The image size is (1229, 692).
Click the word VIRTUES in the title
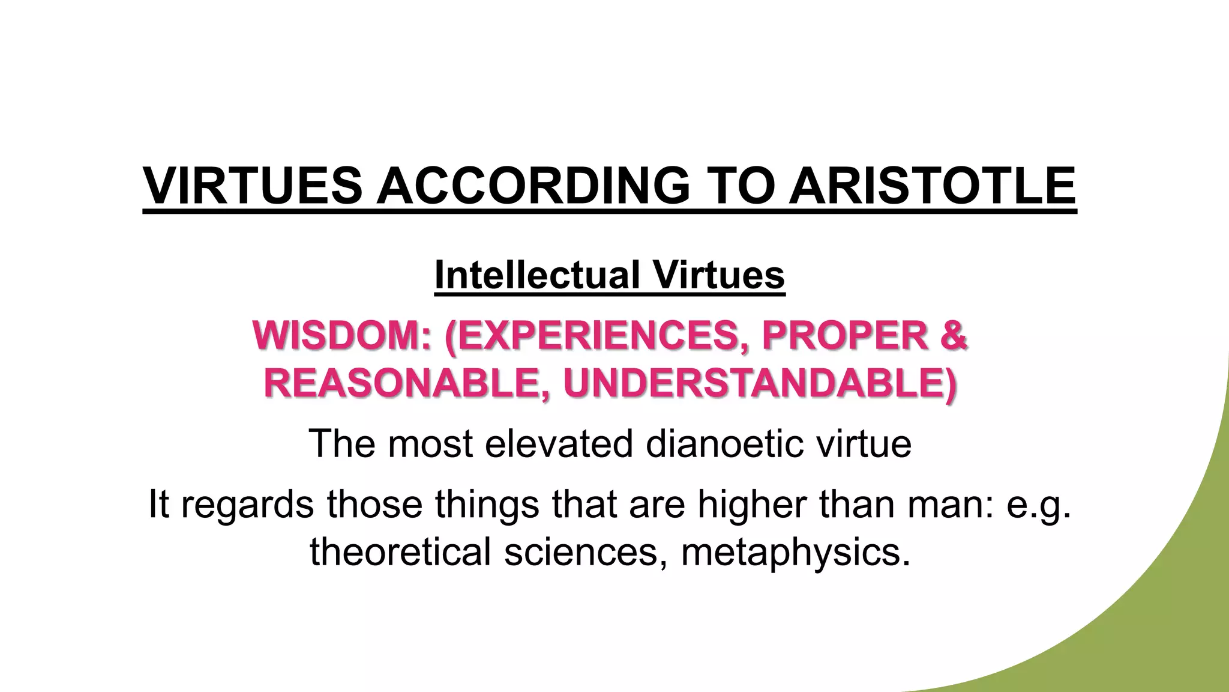[x=253, y=186]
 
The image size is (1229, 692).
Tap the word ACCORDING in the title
[x=533, y=186]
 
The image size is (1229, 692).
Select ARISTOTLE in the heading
[x=933, y=186]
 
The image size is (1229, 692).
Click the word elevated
[x=558, y=444]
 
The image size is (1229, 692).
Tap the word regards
[x=247, y=504]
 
